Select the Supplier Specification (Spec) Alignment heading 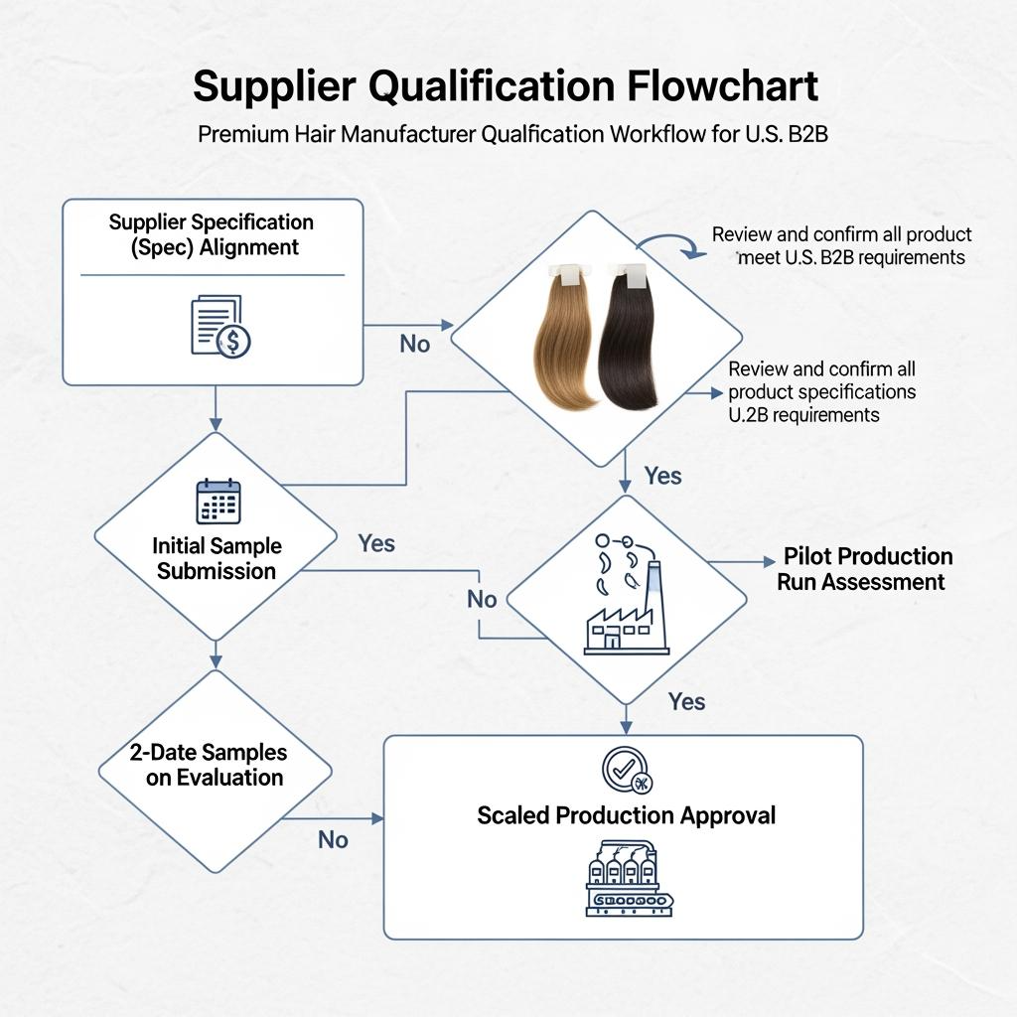click(x=211, y=234)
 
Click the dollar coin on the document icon click(x=234, y=342)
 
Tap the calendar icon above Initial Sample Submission click(x=218, y=501)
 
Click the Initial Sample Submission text click(x=217, y=558)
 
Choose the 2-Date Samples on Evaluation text click(x=211, y=765)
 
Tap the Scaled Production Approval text click(x=626, y=815)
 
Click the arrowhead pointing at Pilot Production click(x=769, y=562)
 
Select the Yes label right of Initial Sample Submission click(x=376, y=543)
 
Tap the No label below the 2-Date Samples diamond click(x=333, y=840)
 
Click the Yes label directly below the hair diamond click(x=663, y=476)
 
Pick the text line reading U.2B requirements click(x=804, y=415)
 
